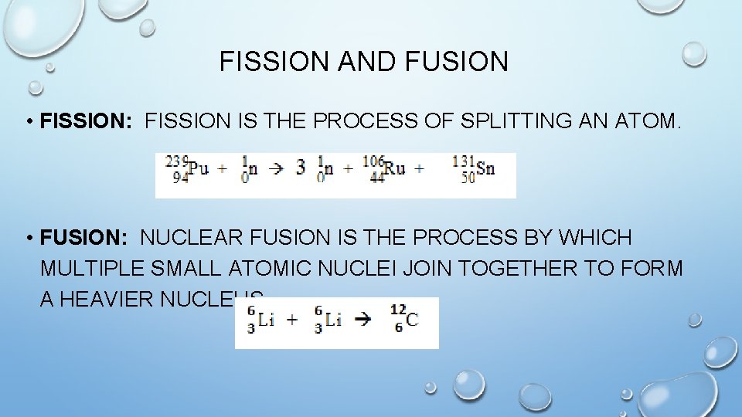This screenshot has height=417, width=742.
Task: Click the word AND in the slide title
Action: (x=363, y=62)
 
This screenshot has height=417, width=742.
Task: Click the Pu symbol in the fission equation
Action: (x=199, y=168)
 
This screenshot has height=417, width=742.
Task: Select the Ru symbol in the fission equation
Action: (x=395, y=168)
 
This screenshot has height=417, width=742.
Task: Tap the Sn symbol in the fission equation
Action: (x=485, y=168)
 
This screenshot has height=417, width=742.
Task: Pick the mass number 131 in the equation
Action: (x=462, y=161)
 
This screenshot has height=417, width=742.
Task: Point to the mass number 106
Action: (x=373, y=161)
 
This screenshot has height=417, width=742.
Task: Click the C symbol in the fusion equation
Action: (x=412, y=320)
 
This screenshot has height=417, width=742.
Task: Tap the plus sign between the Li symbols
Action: (x=292, y=320)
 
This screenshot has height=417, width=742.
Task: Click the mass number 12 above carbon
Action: (x=397, y=310)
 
